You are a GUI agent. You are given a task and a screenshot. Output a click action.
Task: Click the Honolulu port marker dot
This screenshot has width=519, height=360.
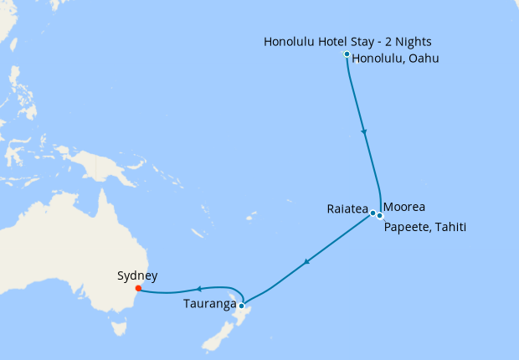click(x=347, y=55)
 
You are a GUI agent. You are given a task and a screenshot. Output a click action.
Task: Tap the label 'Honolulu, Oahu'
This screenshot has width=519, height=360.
click(x=396, y=59)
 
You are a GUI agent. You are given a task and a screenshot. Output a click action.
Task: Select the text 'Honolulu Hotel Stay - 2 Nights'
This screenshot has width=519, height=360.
click(x=348, y=41)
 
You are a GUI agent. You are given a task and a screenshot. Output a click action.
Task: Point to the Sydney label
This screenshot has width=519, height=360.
click(x=137, y=275)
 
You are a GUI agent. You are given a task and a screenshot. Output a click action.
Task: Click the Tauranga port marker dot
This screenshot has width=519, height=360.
click(x=241, y=306)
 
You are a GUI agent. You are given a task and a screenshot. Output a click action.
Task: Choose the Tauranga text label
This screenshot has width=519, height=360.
click(x=208, y=304)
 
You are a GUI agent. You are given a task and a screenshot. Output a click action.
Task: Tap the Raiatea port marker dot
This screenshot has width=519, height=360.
click(x=373, y=213)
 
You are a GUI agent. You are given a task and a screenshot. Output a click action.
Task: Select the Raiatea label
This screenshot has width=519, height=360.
click(x=348, y=209)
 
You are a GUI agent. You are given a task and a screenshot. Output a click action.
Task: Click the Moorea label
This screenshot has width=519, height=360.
click(x=404, y=207)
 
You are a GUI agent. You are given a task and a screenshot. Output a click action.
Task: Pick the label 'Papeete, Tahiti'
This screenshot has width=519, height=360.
click(x=424, y=228)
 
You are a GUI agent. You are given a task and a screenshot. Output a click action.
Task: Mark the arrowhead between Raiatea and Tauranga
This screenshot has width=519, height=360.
click(x=307, y=262)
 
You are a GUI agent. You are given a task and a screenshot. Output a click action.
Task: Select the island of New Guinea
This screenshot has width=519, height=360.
click(x=96, y=167)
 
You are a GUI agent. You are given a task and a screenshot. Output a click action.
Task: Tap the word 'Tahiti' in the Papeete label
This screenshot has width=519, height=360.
click(x=448, y=228)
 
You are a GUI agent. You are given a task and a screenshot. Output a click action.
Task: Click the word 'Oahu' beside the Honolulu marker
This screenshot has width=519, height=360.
click(x=424, y=59)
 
